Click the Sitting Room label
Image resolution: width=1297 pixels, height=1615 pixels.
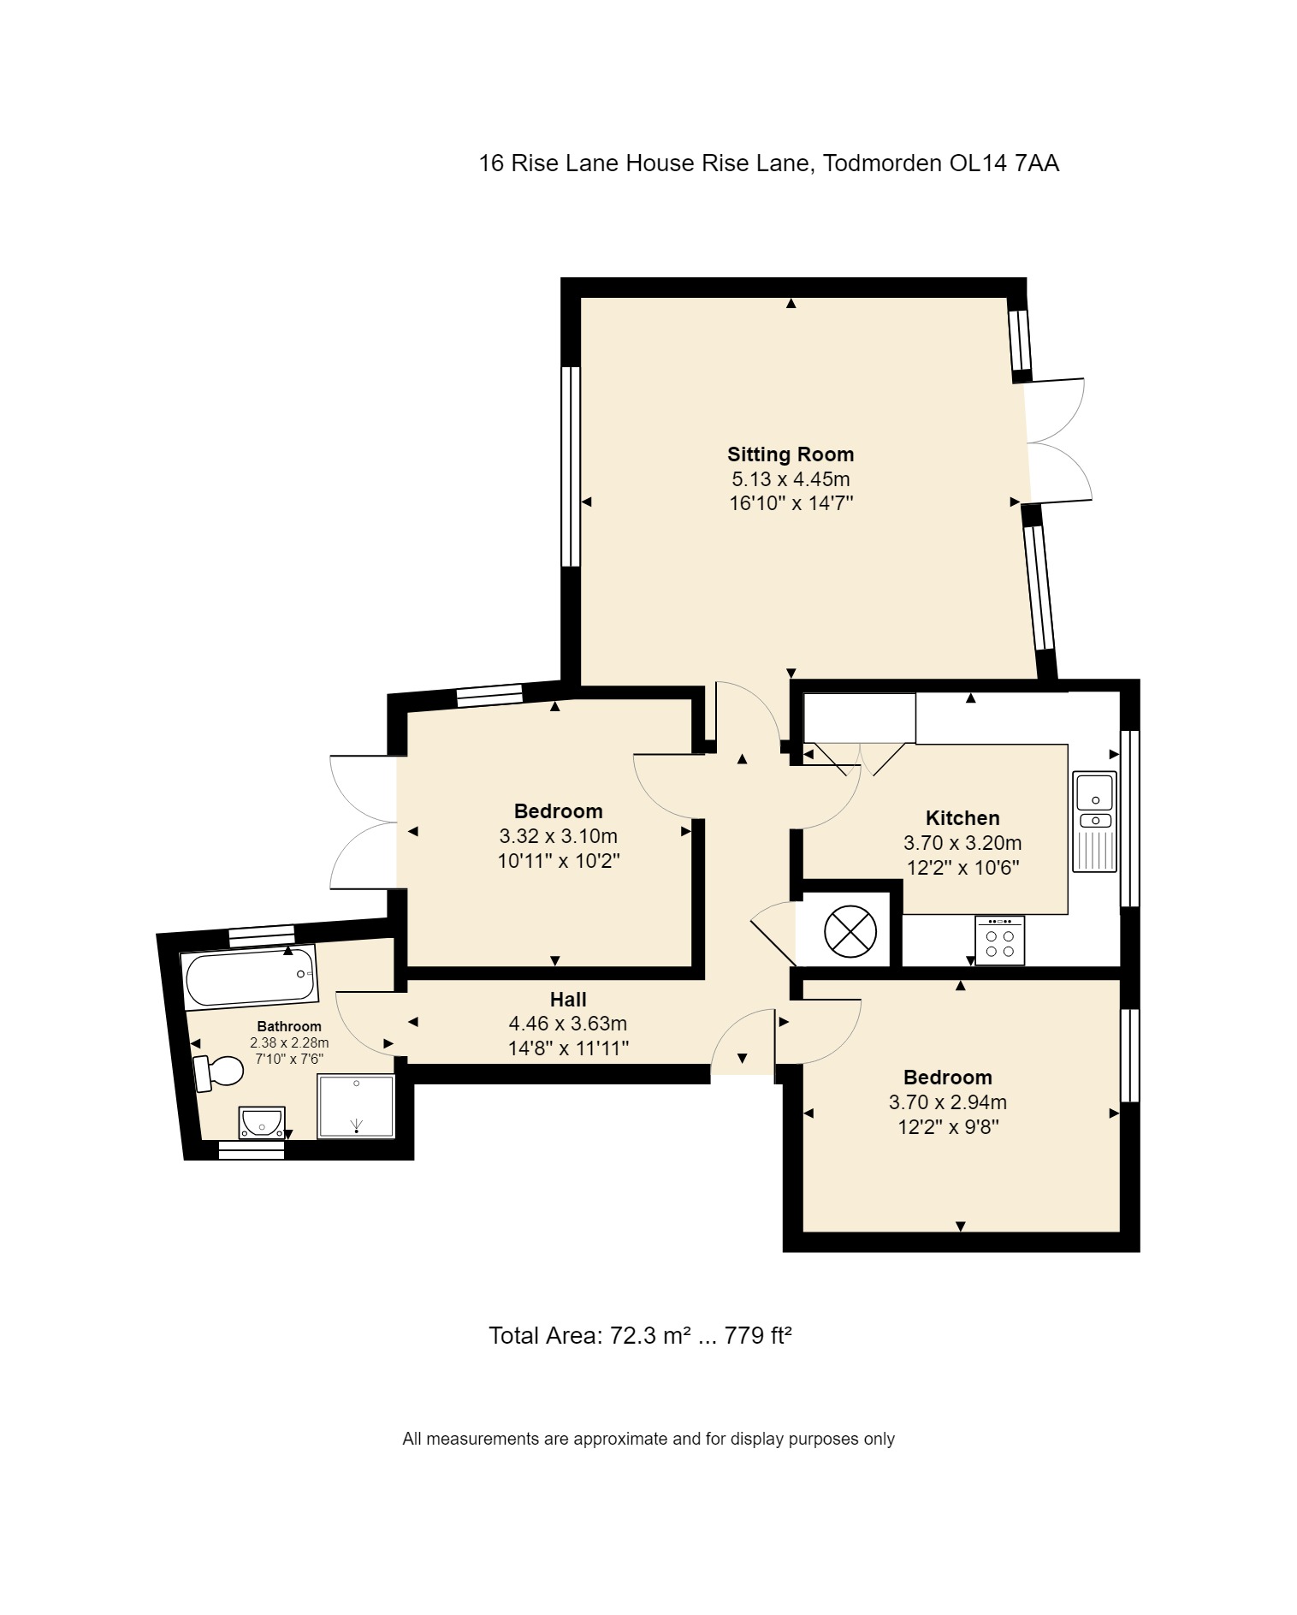tap(791, 454)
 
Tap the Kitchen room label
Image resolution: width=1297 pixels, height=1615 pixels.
tap(962, 818)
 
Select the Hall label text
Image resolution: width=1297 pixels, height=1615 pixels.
tap(568, 1000)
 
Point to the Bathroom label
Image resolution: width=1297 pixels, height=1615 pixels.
tap(289, 1026)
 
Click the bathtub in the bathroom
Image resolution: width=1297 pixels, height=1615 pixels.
tap(249, 977)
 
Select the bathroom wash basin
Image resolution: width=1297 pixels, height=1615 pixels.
tap(262, 1122)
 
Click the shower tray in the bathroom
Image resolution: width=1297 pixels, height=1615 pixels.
tap(357, 1107)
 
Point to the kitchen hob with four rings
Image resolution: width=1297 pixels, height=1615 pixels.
tap(999, 941)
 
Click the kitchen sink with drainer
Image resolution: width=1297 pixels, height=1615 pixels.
tap(1095, 822)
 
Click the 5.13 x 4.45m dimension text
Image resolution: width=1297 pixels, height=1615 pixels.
tap(791, 479)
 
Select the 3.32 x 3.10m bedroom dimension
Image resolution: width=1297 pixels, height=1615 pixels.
tap(559, 836)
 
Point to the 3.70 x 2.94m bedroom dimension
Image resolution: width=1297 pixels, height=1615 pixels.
tap(948, 1102)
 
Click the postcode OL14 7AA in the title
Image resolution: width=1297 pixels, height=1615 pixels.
tap(1004, 163)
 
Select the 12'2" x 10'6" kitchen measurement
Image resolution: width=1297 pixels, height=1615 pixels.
tap(962, 867)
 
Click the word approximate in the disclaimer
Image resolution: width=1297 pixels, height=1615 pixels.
tap(619, 1439)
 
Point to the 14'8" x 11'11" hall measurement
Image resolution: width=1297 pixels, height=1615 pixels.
tap(569, 1048)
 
